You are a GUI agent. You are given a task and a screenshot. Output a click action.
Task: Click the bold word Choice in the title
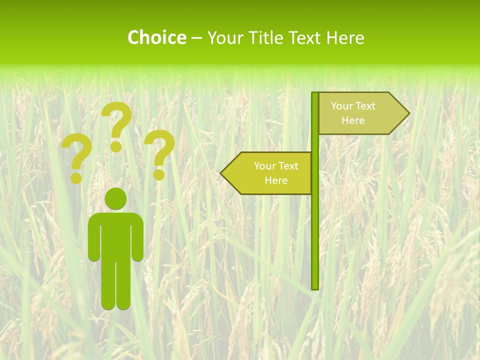156,37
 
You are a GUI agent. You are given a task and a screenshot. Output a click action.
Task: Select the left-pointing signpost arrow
267,173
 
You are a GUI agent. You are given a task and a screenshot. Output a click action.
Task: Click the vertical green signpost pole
315,225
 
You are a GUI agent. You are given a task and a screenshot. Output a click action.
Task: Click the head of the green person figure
115,198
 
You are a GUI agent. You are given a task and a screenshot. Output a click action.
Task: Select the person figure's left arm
93,240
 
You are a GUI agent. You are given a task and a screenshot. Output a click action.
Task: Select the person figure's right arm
138,240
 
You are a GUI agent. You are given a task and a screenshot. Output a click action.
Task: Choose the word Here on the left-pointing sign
276,180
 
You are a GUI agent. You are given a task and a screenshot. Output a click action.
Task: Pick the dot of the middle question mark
116,146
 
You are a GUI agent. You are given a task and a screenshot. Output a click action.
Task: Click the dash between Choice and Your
196,38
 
